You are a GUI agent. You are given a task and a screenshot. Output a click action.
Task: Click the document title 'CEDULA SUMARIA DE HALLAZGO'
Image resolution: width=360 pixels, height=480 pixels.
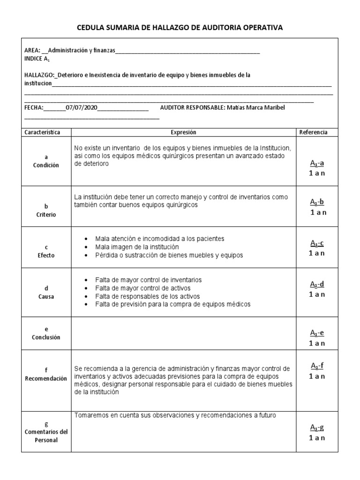[x=180, y=28]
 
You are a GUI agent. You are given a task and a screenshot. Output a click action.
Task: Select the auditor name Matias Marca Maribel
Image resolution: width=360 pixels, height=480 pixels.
[x=256, y=107]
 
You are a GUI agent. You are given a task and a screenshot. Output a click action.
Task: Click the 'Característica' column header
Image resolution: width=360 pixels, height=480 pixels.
[x=46, y=132]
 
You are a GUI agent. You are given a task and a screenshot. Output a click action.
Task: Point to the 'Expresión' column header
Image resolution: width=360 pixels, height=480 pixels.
[x=183, y=132]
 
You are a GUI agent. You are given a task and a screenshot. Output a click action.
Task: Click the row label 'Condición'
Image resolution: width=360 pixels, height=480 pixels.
[x=46, y=165]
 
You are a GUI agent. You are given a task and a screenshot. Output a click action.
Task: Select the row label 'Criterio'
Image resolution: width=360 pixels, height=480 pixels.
[x=46, y=214]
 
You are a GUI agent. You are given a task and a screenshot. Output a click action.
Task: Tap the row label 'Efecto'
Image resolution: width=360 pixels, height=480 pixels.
[x=46, y=255]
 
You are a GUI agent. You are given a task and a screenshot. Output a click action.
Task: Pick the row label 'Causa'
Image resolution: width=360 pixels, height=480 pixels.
[x=46, y=297]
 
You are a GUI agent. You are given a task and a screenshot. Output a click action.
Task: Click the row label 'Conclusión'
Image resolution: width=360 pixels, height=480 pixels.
[x=46, y=337]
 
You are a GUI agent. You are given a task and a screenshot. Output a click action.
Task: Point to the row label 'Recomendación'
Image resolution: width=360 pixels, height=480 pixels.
[x=46, y=378]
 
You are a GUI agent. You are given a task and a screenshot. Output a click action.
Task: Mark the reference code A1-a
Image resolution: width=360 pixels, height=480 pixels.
[x=317, y=163]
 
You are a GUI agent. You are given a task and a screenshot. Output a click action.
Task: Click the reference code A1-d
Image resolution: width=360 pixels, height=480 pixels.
[x=317, y=284]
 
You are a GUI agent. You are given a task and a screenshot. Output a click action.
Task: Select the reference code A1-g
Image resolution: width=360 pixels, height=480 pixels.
[x=317, y=427]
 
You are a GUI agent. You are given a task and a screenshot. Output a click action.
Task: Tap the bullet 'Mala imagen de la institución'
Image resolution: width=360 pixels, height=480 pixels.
[x=136, y=247]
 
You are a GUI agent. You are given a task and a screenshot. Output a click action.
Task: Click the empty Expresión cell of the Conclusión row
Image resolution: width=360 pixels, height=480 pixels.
[x=183, y=334]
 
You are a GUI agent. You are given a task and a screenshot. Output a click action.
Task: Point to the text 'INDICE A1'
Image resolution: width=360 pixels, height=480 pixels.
[x=37, y=59]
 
